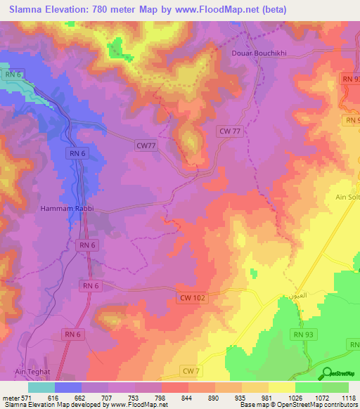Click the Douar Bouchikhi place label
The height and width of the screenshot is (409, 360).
pos(262,53)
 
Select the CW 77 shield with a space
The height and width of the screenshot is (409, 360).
pos(231,131)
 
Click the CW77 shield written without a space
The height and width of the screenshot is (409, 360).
pos(146,145)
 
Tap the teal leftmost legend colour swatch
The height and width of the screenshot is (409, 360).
pos(41,387)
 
